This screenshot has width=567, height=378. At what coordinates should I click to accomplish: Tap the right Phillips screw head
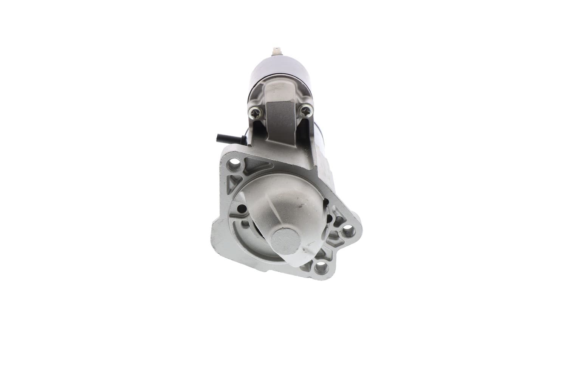pos(305,110)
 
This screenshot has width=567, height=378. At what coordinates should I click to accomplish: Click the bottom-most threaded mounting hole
pos(321,268)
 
